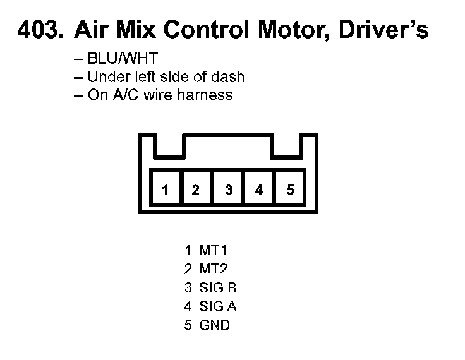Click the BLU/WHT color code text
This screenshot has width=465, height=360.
(x=123, y=59)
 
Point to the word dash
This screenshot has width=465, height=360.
(x=229, y=77)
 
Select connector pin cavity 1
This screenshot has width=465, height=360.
(x=166, y=189)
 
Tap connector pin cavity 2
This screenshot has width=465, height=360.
(x=196, y=189)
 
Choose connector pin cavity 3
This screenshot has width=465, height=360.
(x=229, y=189)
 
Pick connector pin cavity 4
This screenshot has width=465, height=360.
(x=259, y=189)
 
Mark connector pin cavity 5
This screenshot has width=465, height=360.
(x=290, y=189)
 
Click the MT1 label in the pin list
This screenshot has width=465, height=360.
(x=213, y=250)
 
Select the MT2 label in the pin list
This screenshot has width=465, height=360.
(x=214, y=269)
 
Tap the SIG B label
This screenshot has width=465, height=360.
(x=218, y=288)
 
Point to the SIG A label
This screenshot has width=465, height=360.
(x=218, y=307)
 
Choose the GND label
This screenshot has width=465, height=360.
(x=215, y=326)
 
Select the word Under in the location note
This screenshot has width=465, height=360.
(x=106, y=77)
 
